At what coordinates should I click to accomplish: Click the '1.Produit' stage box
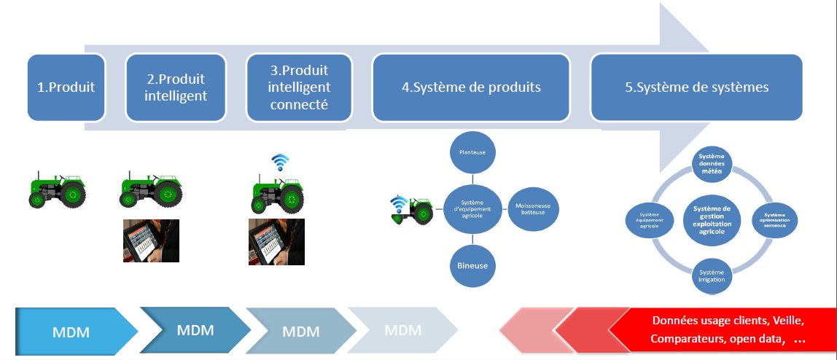coord(66,87)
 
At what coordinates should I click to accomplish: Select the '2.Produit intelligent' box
coord(175,87)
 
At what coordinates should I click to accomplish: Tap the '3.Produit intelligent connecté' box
coord(299,87)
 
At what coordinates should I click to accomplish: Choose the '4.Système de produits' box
coord(471,87)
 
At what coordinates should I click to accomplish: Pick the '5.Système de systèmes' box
coord(696,87)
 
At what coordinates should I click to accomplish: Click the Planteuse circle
coord(472,152)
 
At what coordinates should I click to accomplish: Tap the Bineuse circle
coord(472,266)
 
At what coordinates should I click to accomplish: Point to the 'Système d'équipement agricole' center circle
coord(472,208)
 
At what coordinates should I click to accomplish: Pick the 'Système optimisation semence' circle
coord(774,219)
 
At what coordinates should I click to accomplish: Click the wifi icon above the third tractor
coord(280,162)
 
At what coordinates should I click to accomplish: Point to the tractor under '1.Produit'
coord(58,189)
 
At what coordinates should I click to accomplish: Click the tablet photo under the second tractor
coord(151,240)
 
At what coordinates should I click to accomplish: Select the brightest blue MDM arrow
coord(71,332)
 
